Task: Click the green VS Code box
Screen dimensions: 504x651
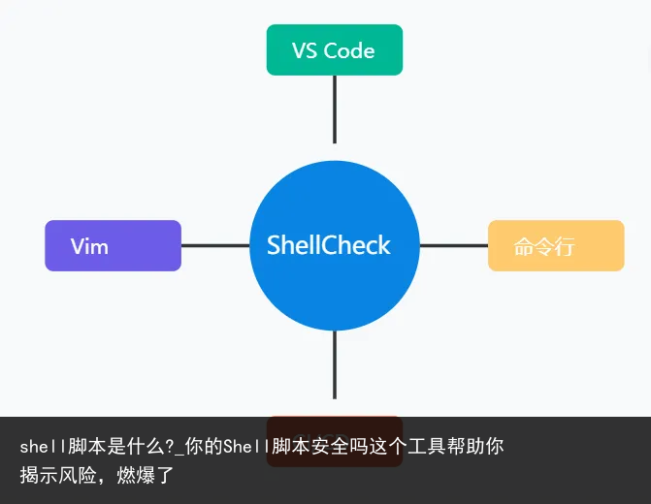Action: click(334, 49)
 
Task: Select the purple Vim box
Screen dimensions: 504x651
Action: click(113, 245)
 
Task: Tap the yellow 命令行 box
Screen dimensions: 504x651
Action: click(555, 245)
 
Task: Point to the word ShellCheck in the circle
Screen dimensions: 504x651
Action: click(329, 245)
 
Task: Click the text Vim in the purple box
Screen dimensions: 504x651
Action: click(89, 246)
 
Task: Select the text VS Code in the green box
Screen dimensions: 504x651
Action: click(334, 50)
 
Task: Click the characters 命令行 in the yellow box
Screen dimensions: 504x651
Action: click(543, 246)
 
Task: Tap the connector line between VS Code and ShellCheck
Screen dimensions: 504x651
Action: click(335, 109)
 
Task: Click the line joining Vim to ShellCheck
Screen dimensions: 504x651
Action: click(215, 245)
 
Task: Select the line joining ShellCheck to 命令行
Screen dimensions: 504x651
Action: click(453, 245)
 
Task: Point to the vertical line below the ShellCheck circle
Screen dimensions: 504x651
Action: click(335, 363)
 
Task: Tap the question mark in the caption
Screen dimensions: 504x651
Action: click(170, 447)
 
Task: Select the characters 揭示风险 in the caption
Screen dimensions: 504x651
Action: click(58, 476)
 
